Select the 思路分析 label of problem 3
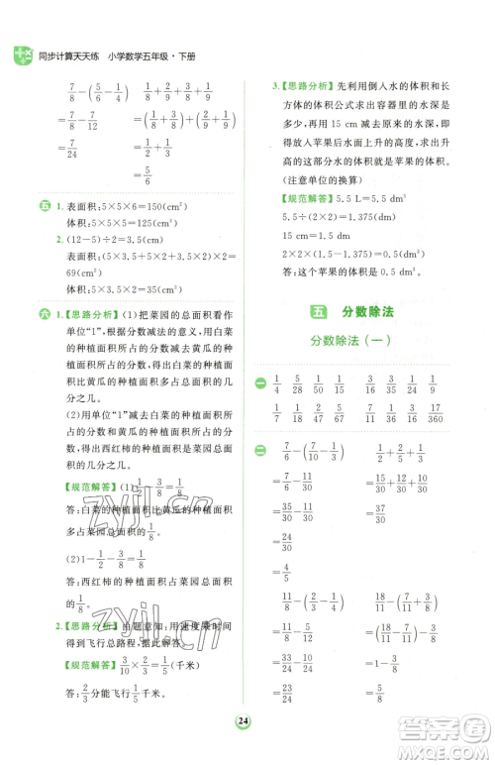coord(312,85)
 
